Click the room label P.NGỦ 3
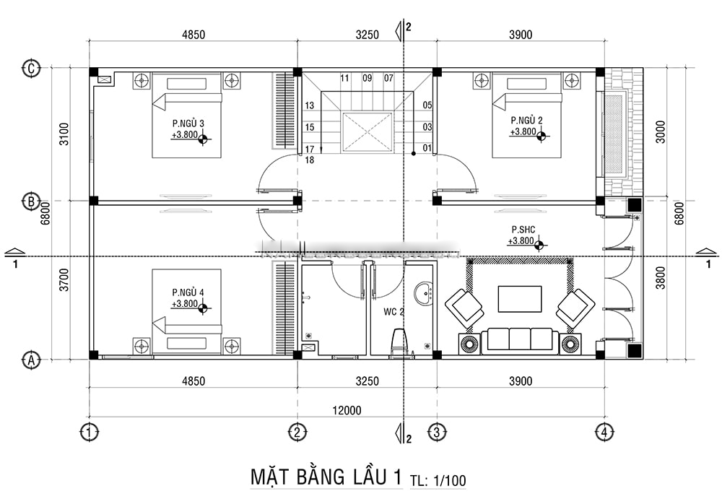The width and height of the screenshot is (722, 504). pos(187,123)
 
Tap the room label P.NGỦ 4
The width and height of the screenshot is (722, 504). pos(187,292)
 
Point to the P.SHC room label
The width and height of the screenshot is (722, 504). pos(522,229)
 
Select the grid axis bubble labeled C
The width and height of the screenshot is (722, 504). pos(31,69)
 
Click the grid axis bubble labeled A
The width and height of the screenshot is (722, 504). pos(31,359)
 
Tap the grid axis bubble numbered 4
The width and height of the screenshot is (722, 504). pos(605,433)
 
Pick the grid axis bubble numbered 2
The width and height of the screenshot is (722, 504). pos(297,433)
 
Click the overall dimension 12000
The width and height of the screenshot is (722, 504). pos(346,411)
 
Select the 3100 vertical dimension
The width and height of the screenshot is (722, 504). pos(64,134)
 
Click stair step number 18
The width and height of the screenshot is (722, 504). pos(309,160)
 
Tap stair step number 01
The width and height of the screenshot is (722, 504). pos(427,149)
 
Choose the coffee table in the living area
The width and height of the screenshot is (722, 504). pos(520,300)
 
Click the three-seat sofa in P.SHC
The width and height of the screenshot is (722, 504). pos(520,339)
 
